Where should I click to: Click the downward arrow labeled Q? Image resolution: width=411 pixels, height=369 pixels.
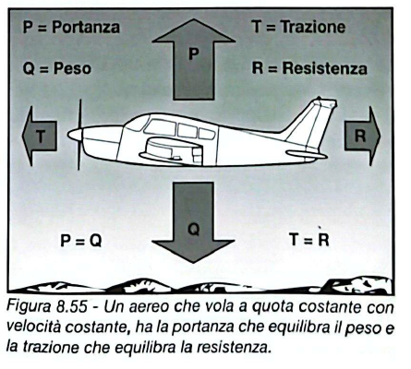point(193,221)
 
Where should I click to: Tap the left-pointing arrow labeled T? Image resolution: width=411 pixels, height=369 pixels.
point(40,136)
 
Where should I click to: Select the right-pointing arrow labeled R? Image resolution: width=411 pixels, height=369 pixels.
point(362,136)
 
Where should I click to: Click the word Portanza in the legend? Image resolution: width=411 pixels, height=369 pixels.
point(86,27)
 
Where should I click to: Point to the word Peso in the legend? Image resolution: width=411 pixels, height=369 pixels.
point(72,68)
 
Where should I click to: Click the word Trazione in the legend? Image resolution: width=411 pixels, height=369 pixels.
point(313,27)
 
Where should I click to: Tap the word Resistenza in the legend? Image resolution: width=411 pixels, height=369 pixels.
point(325,68)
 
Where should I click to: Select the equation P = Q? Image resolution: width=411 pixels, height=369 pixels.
point(81,240)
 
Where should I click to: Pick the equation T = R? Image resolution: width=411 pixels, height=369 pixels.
point(309,240)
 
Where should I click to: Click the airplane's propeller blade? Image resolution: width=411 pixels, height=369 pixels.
point(79,135)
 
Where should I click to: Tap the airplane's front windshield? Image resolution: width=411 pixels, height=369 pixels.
point(135,124)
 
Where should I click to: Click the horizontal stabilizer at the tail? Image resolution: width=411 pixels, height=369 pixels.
point(307,154)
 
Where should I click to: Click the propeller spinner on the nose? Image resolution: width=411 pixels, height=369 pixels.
point(75,135)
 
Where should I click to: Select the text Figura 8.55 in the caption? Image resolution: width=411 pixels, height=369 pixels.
point(47,306)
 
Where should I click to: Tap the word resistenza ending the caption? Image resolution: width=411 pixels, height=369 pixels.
point(234,347)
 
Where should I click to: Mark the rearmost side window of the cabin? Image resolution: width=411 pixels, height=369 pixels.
point(206,134)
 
